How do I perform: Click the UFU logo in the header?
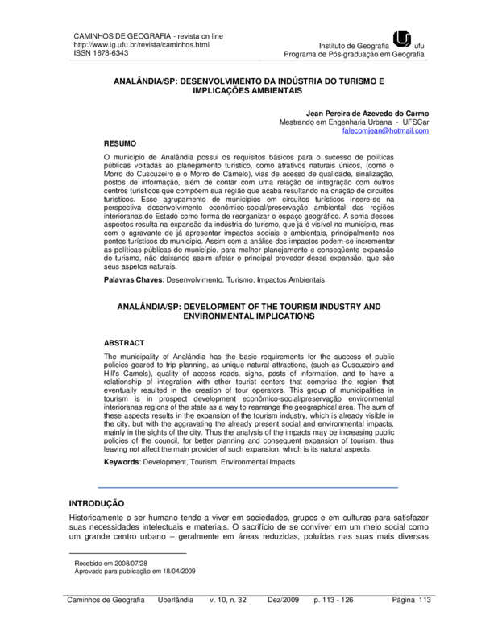pos(401,38)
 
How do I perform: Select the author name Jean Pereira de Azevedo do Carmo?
pos(364,113)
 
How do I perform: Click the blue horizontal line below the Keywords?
pos(248,488)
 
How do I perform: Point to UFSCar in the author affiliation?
pos(414,122)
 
